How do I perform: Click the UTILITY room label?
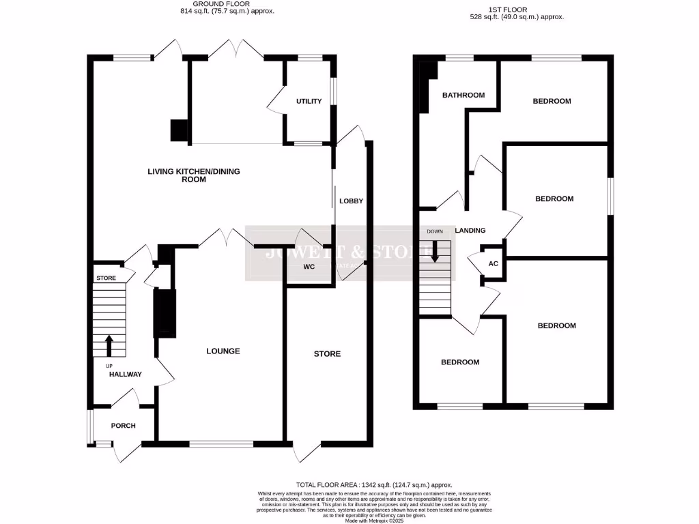[x=309, y=101]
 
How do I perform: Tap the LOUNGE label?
[x=223, y=351]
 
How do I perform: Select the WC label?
[x=309, y=267]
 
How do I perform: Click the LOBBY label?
[x=352, y=201]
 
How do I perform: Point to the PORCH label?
[x=123, y=426]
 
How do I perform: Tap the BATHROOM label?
[x=463, y=95]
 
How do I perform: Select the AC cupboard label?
[x=493, y=265]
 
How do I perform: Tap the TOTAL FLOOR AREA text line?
[x=374, y=484]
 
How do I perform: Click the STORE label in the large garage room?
[x=327, y=353]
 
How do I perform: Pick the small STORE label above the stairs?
[x=106, y=278]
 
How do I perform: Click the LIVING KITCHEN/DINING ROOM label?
[x=194, y=175]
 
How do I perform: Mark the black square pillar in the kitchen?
[x=179, y=130]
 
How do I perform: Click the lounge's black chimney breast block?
[x=165, y=312]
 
